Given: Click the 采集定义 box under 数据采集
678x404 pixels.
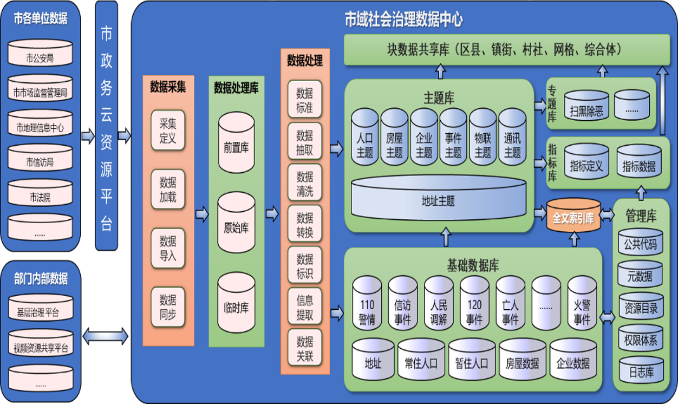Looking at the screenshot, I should pyautogui.click(x=168, y=131).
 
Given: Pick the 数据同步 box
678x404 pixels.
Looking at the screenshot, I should pyautogui.click(x=168, y=307).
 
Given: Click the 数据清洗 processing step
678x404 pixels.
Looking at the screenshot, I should pyautogui.click(x=305, y=184).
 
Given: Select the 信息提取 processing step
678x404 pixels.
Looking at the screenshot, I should pyautogui.click(x=305, y=307).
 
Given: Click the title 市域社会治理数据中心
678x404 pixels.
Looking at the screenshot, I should pyautogui.click(x=404, y=20).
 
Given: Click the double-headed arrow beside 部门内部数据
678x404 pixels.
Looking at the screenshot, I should pyautogui.click(x=106, y=336).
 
